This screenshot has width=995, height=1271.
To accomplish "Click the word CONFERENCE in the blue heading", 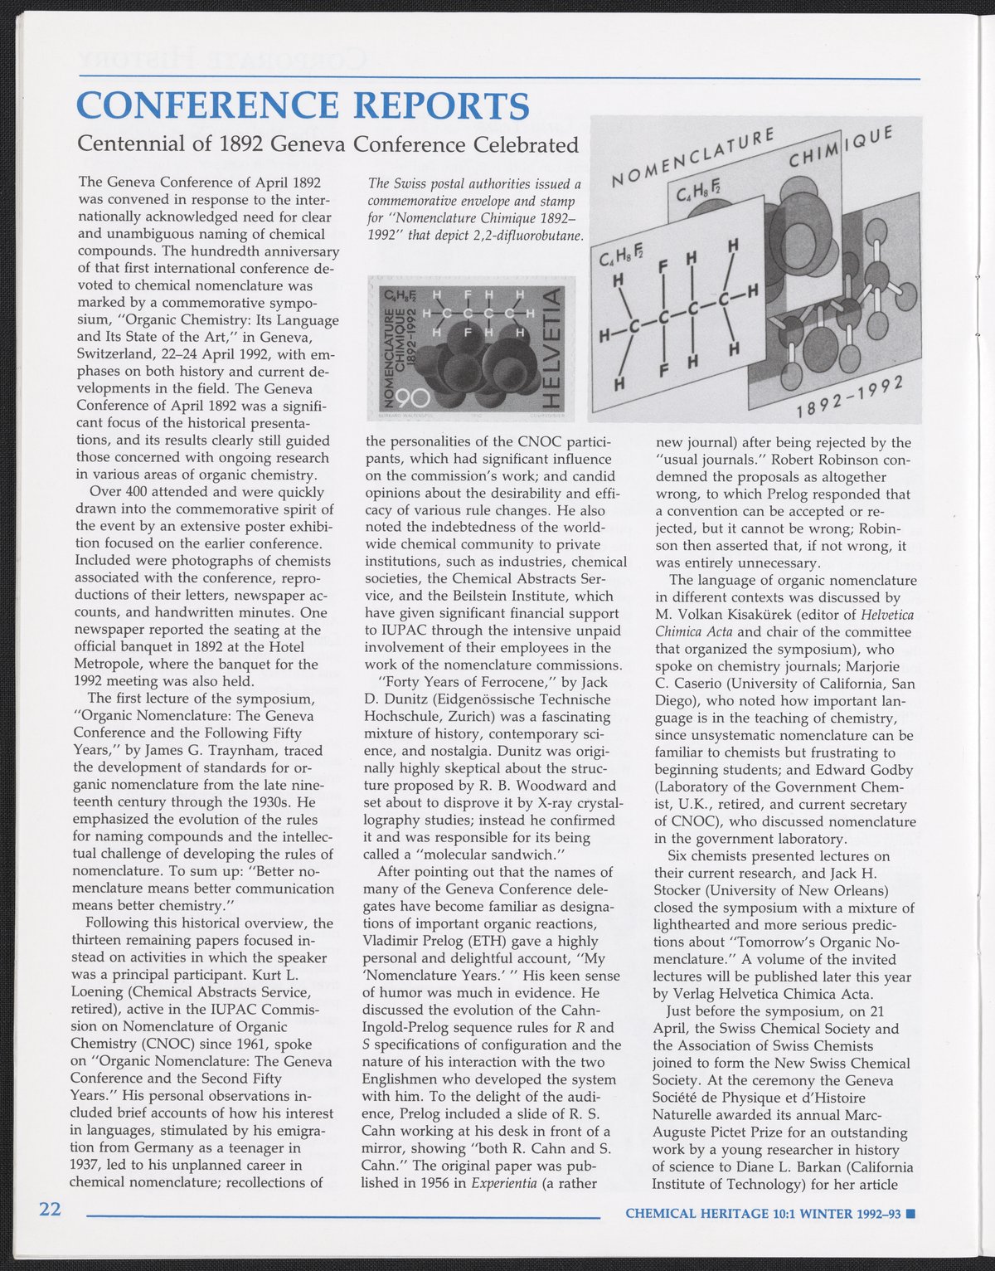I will pos(207,105).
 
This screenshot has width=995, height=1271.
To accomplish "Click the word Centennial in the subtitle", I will pos(128,144).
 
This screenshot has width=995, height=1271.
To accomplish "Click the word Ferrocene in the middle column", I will pos(510,682).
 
